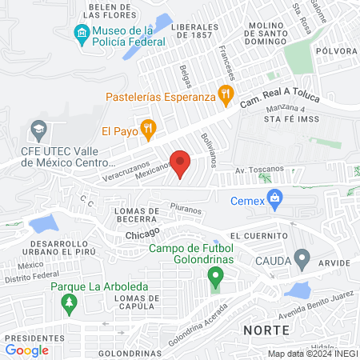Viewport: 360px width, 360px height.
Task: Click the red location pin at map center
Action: pyautogui.click(x=180, y=162)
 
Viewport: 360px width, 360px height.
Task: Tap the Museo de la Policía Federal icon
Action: pyautogui.click(x=81, y=33)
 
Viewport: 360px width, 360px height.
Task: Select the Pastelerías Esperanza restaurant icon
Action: pyautogui.click(x=226, y=94)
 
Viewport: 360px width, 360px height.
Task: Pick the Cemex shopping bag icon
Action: pyautogui.click(x=275, y=197)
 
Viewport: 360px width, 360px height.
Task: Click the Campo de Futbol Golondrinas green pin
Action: pyautogui.click(x=214, y=278)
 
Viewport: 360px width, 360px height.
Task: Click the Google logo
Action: pyautogui.click(x=26, y=350)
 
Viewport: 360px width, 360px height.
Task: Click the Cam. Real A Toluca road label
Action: pyautogui.click(x=280, y=101)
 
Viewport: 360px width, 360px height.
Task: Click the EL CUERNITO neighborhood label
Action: pyautogui.click(x=257, y=237)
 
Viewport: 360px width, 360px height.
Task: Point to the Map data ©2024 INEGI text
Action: pyautogui.click(x=313, y=353)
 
